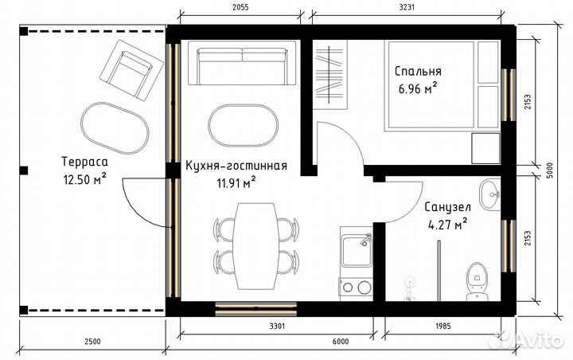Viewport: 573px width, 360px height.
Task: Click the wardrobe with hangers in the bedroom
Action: point(331,76)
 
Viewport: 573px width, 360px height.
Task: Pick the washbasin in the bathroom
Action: point(491,194)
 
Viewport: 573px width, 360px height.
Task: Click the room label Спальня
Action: point(416,72)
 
